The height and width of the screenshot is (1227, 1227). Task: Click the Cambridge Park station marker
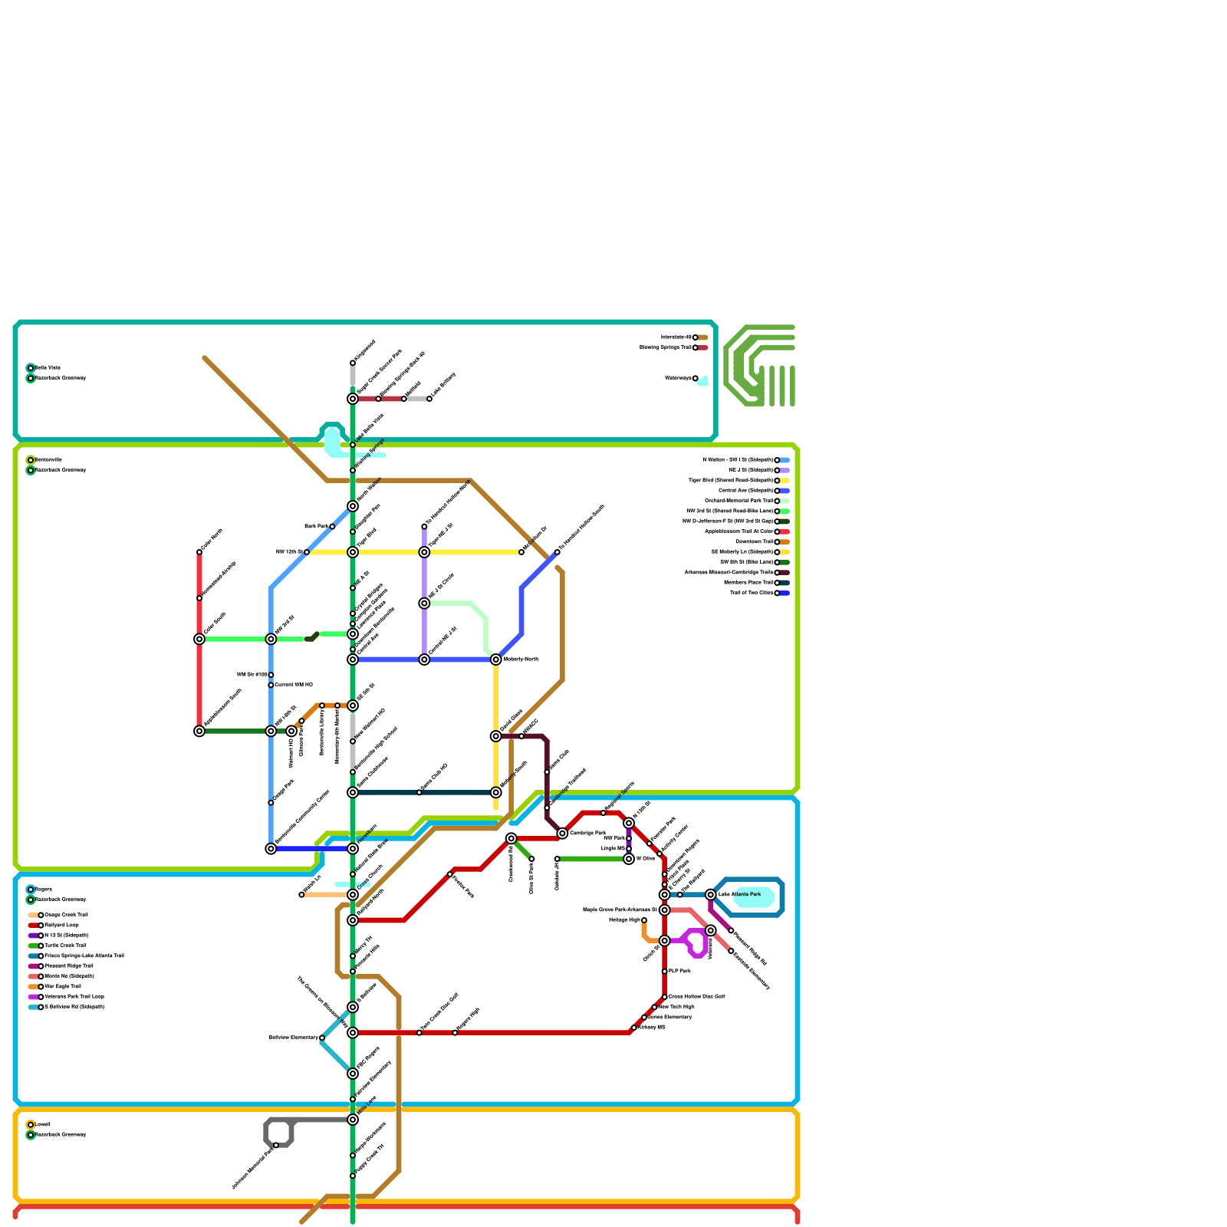562,834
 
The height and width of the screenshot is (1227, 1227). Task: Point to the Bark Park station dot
332,527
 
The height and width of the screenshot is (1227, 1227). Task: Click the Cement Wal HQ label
294,685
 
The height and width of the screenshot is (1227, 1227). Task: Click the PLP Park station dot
664,972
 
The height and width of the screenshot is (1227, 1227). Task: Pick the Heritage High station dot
644,920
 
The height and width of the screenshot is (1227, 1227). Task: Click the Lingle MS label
613,849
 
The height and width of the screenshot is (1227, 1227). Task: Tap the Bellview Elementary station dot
322,1038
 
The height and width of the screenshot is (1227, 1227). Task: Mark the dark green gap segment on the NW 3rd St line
311,637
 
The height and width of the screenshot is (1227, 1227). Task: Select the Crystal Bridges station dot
353,613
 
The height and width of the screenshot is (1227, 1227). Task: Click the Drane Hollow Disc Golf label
696,997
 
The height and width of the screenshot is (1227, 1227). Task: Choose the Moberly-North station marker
496,660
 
